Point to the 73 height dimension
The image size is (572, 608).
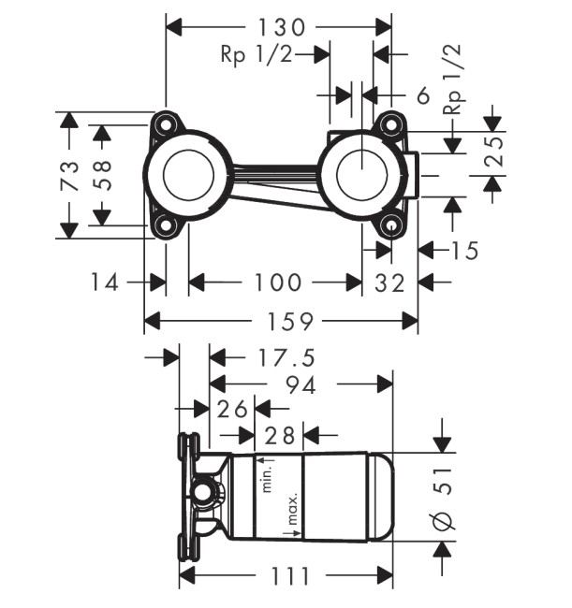[68, 175]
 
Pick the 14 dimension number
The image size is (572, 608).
[106, 282]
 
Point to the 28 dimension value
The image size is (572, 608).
[279, 435]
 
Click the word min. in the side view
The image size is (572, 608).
[266, 475]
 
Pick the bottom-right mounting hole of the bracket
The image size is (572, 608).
[389, 224]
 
